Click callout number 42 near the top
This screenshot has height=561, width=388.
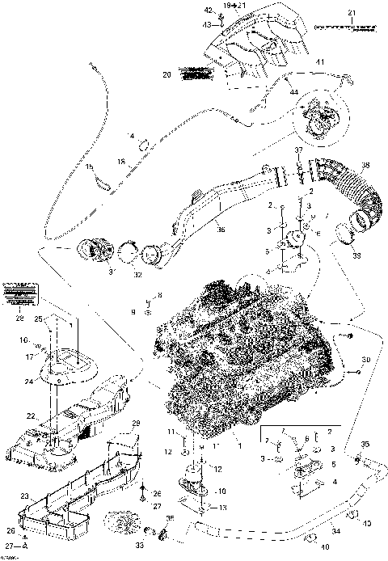[208, 10]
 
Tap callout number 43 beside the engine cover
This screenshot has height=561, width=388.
[207, 24]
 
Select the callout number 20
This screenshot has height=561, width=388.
[167, 75]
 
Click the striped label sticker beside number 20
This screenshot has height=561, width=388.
[196, 74]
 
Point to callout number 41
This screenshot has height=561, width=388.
[320, 61]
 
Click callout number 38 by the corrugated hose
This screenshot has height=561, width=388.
[365, 167]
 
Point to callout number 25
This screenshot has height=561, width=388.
[37, 320]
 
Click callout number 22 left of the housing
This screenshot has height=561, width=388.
[30, 415]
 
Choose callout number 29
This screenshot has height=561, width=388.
[136, 424]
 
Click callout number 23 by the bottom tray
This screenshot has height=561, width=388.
[24, 495]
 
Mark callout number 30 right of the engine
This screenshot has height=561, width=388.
[365, 359]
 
